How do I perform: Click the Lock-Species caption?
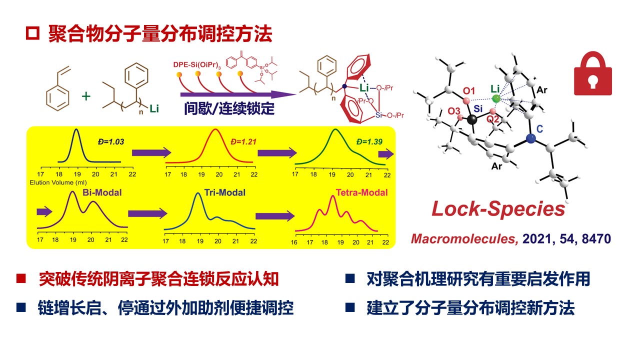pyautogui.click(x=498, y=209)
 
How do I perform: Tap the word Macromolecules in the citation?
pyautogui.click(x=463, y=238)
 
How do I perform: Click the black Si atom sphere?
pyautogui.click(x=471, y=119)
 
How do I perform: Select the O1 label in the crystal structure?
pyautogui.click(x=468, y=91)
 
